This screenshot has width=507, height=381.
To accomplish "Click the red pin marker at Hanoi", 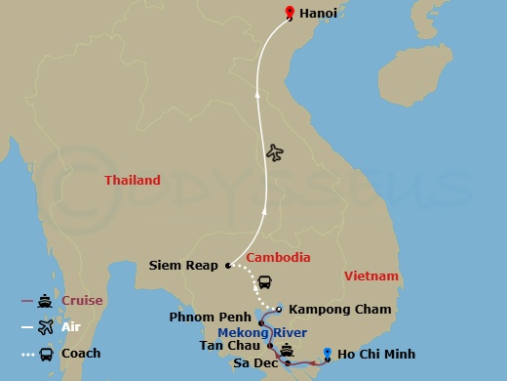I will [289, 13].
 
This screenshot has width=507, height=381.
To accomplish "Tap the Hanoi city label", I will [319, 14].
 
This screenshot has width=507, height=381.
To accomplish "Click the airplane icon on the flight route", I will [275, 152].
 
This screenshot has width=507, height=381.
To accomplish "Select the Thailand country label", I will [133, 180].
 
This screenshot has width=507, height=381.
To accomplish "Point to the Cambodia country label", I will [278, 258].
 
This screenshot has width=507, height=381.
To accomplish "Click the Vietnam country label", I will [371, 276].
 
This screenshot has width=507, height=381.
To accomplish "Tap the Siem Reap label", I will [185, 265].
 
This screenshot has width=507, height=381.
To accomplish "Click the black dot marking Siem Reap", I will [227, 265].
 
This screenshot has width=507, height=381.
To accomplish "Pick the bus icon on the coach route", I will [263, 283].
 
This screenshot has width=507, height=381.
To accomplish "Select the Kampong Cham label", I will [340, 310].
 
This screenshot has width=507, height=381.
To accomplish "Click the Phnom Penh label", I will [210, 317].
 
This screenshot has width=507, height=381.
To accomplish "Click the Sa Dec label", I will [253, 362].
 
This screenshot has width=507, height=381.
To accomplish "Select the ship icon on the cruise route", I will [288, 350].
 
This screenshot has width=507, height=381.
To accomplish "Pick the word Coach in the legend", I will [82, 353].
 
